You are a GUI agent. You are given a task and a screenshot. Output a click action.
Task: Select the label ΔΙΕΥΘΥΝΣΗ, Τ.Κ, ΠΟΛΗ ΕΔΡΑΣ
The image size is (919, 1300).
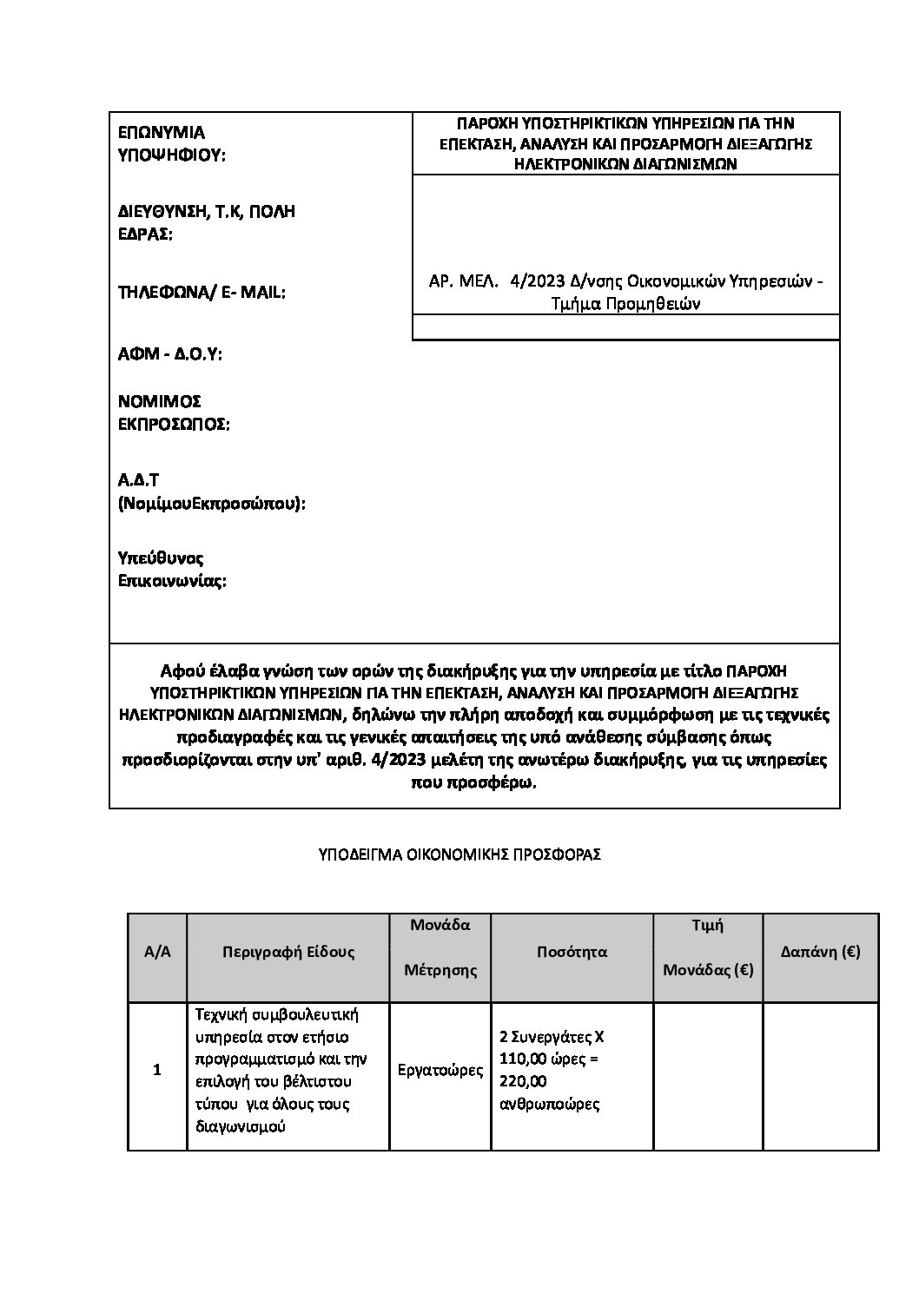207,223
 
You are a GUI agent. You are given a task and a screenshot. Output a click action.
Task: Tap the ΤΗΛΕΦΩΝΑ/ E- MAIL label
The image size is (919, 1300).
202,293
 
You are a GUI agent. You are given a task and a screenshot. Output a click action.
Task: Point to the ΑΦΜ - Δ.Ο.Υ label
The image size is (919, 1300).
170,354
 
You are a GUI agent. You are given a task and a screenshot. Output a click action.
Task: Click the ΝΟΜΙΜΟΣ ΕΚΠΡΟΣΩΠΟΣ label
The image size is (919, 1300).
174,412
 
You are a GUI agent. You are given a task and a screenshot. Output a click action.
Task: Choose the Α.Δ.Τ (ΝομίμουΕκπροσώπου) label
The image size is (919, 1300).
212,492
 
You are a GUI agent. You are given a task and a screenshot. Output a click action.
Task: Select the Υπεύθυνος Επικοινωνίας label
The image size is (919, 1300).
172,569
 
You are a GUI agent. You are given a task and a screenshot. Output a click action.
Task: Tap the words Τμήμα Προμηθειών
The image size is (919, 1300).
625,303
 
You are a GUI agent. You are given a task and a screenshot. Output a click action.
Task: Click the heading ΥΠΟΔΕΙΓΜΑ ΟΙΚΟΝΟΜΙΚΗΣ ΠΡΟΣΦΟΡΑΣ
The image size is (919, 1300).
459,855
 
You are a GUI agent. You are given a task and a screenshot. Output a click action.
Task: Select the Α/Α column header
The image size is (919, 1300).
157,952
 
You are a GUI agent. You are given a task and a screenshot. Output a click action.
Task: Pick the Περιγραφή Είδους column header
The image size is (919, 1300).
288,952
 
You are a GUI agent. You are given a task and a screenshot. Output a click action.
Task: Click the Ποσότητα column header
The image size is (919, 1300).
572,952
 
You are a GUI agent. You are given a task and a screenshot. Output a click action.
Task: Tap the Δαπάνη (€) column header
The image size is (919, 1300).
820,952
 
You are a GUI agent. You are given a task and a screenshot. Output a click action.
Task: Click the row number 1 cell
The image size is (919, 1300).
157,1070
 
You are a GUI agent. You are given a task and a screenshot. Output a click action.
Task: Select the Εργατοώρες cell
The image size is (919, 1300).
440,1070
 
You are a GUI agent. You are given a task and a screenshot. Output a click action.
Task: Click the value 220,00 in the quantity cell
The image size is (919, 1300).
524,1081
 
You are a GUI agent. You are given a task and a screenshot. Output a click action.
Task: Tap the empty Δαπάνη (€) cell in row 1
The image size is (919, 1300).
820,1077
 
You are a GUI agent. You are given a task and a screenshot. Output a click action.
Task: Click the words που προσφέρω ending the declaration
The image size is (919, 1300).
473,782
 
